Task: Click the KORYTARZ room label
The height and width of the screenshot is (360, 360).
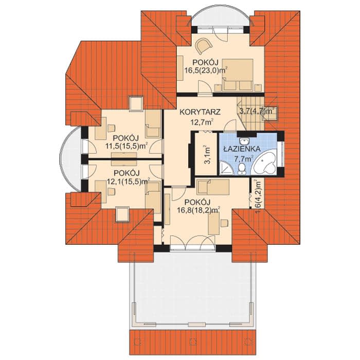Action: [200, 112]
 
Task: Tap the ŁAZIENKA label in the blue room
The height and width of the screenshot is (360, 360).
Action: [242, 149]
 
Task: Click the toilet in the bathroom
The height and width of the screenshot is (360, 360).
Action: [242, 169]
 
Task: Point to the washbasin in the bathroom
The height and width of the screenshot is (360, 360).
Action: [243, 140]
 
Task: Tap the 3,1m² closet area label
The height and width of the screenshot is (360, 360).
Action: [207, 154]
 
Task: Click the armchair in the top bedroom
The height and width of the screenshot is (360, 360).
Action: [204, 46]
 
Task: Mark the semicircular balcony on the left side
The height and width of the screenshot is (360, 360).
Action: [70, 158]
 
